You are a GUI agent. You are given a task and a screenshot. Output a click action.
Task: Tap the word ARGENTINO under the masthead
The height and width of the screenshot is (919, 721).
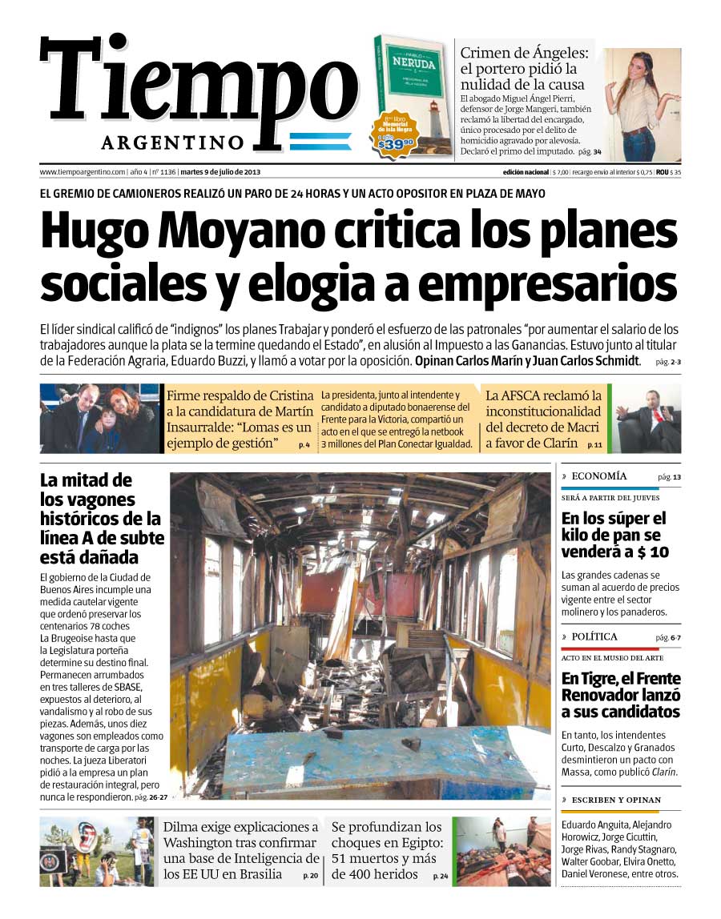pos(172,142)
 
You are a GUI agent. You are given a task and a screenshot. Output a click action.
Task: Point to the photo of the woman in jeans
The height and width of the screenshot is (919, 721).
pos(642,104)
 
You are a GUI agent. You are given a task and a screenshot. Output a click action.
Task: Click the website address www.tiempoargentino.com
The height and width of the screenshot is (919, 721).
pos(83,172)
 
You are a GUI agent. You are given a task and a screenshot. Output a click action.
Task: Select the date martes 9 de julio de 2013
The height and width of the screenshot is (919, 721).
pos(220,172)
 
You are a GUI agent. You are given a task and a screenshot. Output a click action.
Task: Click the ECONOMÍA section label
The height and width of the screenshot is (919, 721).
pos(599,476)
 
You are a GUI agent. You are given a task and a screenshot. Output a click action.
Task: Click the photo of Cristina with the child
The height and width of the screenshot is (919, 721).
pos(99,419)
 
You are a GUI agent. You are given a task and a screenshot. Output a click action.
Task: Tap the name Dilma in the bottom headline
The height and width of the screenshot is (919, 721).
pos(183,827)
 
